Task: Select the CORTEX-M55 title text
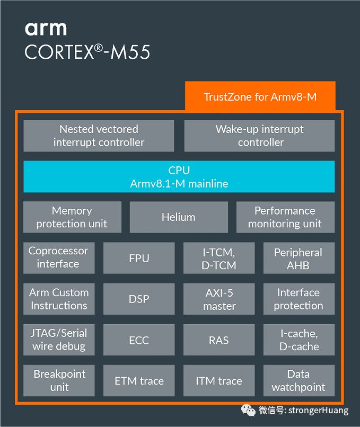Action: [x=87, y=52]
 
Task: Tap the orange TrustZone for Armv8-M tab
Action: [x=260, y=96]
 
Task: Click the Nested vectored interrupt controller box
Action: [x=99, y=136]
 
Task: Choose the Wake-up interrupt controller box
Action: [x=259, y=136]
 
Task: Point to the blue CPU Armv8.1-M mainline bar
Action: [x=179, y=177]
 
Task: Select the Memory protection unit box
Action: [x=72, y=217]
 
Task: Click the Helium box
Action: [x=179, y=217]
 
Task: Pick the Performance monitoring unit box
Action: [x=285, y=217]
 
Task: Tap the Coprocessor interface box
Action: [x=58, y=257]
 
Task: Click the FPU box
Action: [x=139, y=258]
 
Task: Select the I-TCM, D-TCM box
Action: [x=219, y=258]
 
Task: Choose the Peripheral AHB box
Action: [x=298, y=258]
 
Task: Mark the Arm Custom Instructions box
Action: [x=58, y=299]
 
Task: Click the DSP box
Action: [x=139, y=299]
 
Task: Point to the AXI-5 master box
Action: [x=219, y=299]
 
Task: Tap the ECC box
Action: [x=139, y=340]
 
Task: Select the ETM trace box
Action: [x=139, y=380]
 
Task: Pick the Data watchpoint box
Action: [x=298, y=380]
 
